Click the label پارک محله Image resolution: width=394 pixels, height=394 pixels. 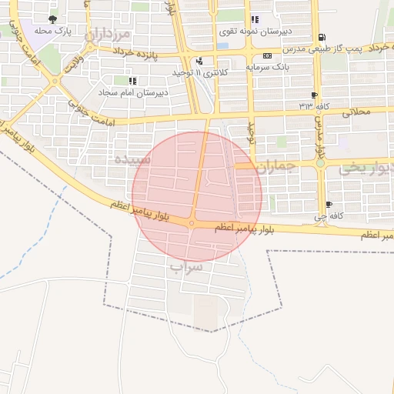point(53,32)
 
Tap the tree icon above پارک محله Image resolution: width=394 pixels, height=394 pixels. point(52,19)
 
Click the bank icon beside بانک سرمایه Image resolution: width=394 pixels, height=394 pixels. point(267,55)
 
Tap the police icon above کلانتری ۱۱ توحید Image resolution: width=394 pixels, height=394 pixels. point(200,61)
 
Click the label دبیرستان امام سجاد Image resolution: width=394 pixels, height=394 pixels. point(130,92)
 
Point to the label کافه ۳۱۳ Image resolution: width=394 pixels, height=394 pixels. point(315,105)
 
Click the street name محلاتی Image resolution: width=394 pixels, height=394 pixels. point(353,112)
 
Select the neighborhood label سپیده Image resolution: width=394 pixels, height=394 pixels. point(131,159)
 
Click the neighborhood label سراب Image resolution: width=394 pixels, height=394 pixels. point(186,267)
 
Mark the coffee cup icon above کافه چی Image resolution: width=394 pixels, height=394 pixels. point(329,205)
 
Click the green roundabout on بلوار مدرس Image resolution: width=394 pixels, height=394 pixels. point(320,163)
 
